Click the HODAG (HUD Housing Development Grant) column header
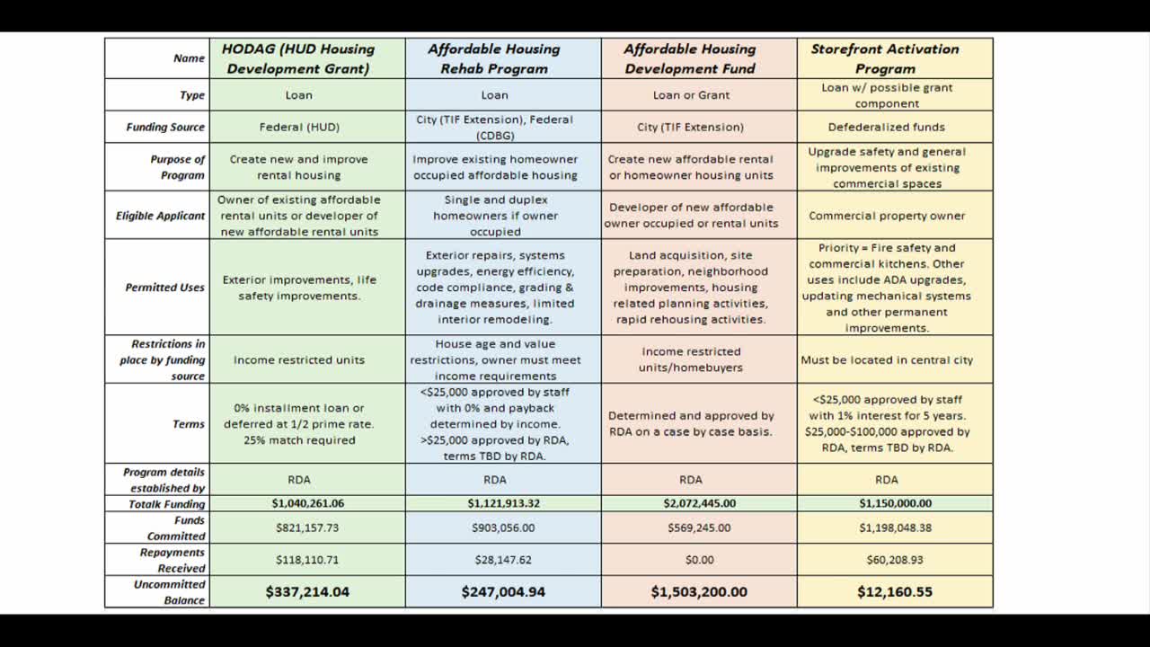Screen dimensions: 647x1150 click(298, 58)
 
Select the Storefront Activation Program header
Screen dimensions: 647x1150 click(885, 58)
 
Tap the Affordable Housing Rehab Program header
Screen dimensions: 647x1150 click(494, 58)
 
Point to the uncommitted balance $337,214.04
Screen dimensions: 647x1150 click(307, 591)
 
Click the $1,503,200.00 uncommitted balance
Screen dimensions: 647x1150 click(699, 591)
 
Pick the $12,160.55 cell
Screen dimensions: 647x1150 click(895, 591)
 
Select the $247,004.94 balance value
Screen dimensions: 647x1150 click(503, 591)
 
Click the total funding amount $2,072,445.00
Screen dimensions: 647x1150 click(699, 503)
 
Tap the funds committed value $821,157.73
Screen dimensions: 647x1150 click(307, 527)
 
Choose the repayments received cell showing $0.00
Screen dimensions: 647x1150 click(699, 560)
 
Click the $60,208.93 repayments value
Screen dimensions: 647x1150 click(895, 560)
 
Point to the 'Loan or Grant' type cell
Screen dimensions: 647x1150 click(691, 94)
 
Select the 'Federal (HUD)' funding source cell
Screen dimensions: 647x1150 click(299, 127)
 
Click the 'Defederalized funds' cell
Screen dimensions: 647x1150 click(886, 127)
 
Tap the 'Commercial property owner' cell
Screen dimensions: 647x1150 click(887, 216)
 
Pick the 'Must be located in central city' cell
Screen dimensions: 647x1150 click(887, 359)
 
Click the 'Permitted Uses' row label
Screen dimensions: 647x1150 click(165, 288)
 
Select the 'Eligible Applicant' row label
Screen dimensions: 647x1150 click(161, 216)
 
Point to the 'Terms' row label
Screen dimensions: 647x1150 click(189, 423)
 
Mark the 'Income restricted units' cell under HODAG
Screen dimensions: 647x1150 click(299, 359)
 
